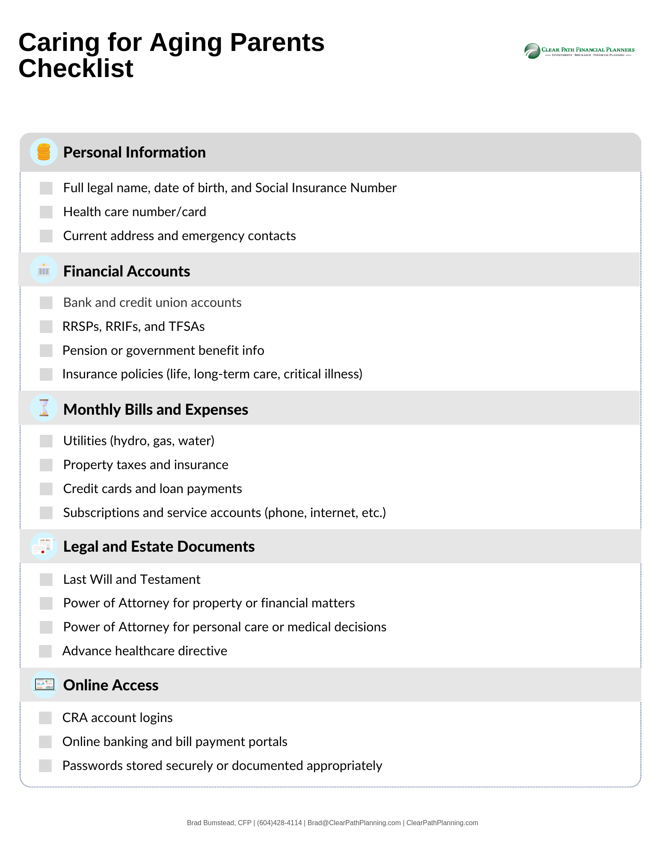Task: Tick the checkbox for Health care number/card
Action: pyautogui.click(x=46, y=212)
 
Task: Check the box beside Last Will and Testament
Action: pyautogui.click(x=46, y=580)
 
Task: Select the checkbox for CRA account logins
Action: pyautogui.click(x=45, y=718)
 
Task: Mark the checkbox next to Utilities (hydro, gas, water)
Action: pyautogui.click(x=46, y=441)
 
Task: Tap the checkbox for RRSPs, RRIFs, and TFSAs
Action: pyautogui.click(x=46, y=327)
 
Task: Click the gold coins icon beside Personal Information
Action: pyautogui.click(x=44, y=152)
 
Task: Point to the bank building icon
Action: pyautogui.click(x=44, y=270)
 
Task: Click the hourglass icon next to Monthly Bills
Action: pyautogui.click(x=44, y=408)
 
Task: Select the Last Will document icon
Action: pyautogui.click(x=44, y=546)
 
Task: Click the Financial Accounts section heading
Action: pyautogui.click(x=127, y=271)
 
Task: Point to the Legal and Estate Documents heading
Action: pyautogui.click(x=159, y=547)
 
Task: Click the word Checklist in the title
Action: pyautogui.click(x=76, y=68)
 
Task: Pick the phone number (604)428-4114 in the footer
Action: pyautogui.click(x=279, y=823)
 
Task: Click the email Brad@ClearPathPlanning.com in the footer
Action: pyautogui.click(x=354, y=823)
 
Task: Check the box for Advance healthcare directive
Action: pyautogui.click(x=45, y=651)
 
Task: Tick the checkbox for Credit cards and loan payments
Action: pyautogui.click(x=46, y=489)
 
